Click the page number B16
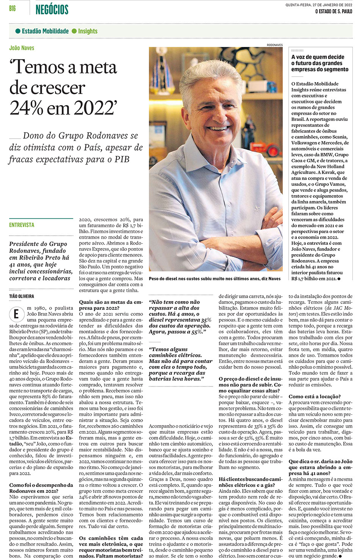point(12,8)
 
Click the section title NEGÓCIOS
point(52,9)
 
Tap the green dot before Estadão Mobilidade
point(18,31)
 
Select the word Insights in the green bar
point(88,31)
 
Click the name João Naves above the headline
point(22,48)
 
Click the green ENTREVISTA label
point(22,225)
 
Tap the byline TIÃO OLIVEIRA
point(22,296)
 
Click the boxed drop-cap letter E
point(16,314)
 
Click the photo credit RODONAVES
point(274,45)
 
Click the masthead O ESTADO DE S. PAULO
point(333,11)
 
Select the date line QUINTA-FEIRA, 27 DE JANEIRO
point(319,5)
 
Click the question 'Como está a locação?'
point(315,396)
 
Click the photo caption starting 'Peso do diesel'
point(214,278)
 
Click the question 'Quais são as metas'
point(111,305)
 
